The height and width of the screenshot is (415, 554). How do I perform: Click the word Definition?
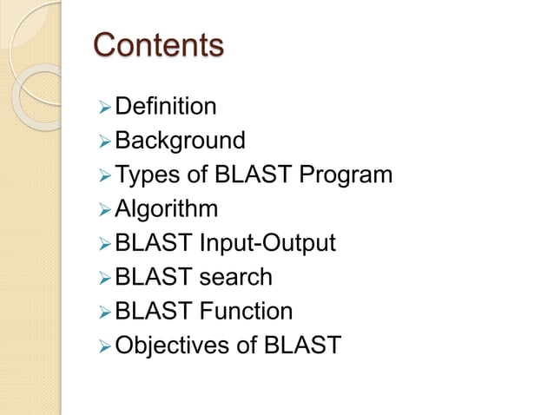165,107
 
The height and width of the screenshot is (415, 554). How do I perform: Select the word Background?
180,141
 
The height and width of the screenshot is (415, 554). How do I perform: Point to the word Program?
345,175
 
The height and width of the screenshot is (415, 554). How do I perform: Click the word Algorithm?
167,209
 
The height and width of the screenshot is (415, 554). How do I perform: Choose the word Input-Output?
267,243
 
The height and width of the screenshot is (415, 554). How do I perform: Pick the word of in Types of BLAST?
196,175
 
